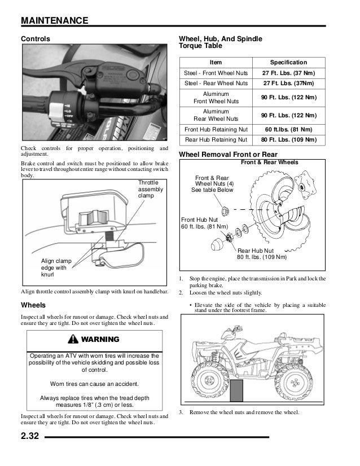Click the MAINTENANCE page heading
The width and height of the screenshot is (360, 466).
[54, 21]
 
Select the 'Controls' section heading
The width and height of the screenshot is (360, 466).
[35, 39]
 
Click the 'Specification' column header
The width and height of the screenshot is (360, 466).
[288, 63]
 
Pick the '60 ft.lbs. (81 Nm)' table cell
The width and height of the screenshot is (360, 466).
[288, 129]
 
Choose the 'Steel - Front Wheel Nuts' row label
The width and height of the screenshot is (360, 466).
[216, 73]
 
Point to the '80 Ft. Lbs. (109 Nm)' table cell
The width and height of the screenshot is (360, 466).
[288, 139]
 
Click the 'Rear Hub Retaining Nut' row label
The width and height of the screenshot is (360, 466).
[216, 139]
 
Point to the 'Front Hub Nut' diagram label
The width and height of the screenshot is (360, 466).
[204, 223]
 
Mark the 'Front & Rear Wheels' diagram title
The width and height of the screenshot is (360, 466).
[270, 162]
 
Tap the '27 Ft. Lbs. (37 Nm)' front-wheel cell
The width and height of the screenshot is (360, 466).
[288, 73]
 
